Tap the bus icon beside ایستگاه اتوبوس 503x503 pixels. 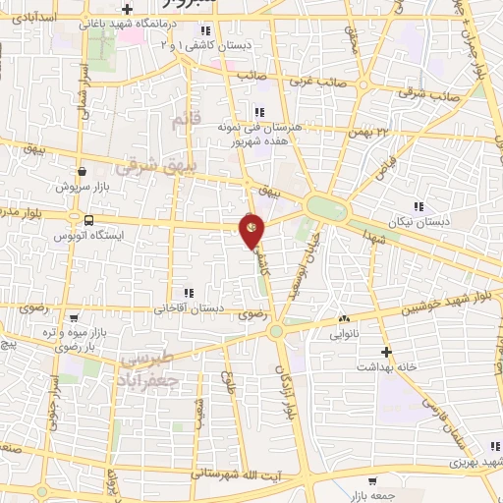pyautogui.click(x=89, y=220)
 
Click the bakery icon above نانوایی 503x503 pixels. pyautogui.click(x=344, y=318)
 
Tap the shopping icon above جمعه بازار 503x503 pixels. pyautogui.click(x=371, y=481)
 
